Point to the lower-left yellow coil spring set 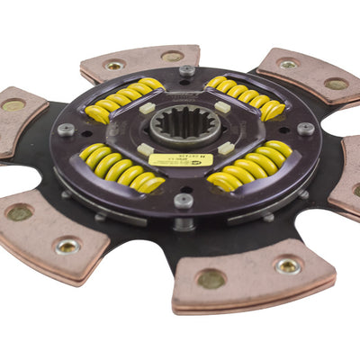(122, 169)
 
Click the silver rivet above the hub (187, 70)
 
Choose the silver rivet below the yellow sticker (184, 200)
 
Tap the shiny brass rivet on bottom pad (288, 265)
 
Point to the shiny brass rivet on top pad (114, 65)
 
